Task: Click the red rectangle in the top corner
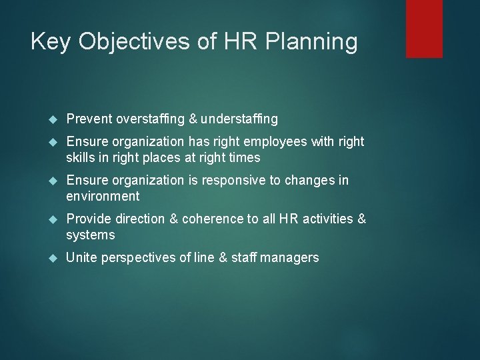pos(424,28)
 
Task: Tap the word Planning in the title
pos(311,42)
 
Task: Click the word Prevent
pos(89,119)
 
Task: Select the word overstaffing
pos(151,119)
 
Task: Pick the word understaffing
pos(239,119)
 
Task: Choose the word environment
pos(103,196)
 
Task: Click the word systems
pos(91,235)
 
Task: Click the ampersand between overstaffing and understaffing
pos(193,119)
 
